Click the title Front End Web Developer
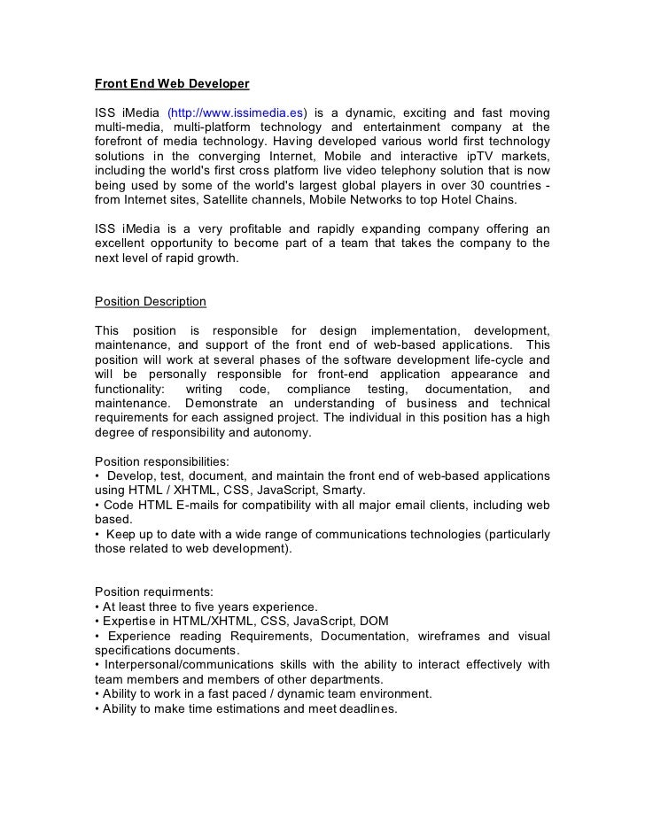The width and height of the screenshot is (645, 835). [x=172, y=84]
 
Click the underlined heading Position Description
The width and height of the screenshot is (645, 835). [x=151, y=301]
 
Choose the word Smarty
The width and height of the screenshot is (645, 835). [x=343, y=490]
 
